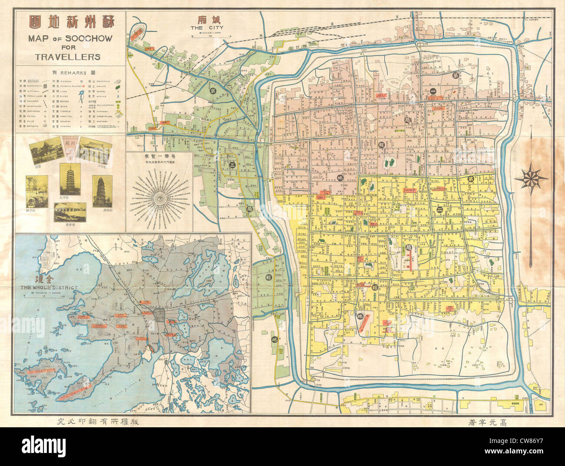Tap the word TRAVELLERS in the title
(x=70, y=57)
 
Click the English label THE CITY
(x=203, y=27)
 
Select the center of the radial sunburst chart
(x=160, y=198)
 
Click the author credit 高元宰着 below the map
(x=494, y=422)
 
